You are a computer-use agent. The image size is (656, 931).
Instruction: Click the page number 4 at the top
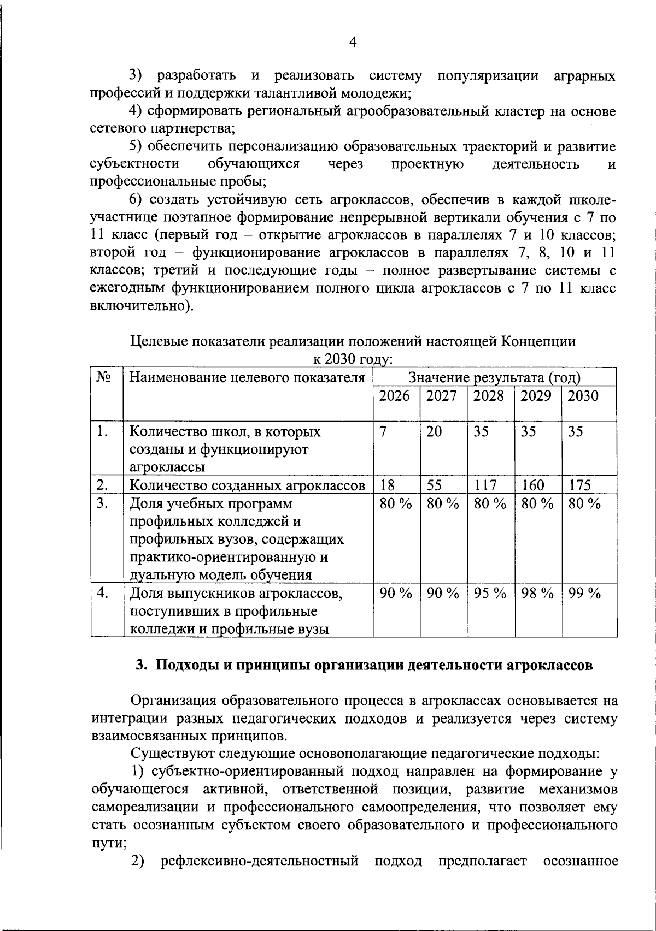click(353, 42)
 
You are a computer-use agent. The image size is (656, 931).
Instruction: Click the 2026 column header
click(394, 396)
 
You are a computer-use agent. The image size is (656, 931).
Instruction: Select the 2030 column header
click(583, 396)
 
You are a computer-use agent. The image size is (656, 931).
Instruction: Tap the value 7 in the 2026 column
click(384, 431)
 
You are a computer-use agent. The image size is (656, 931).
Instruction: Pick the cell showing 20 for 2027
click(434, 431)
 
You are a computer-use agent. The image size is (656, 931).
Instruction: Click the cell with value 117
click(485, 485)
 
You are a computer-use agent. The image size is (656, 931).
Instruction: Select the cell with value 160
click(533, 485)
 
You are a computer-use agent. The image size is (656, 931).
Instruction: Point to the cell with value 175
click(580, 485)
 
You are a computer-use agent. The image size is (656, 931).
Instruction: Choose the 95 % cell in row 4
click(490, 593)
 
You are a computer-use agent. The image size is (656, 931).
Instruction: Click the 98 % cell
click(537, 593)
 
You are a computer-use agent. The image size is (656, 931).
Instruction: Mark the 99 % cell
click(584, 593)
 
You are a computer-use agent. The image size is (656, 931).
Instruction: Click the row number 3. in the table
click(102, 503)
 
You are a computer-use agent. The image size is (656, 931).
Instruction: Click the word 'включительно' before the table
click(140, 306)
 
